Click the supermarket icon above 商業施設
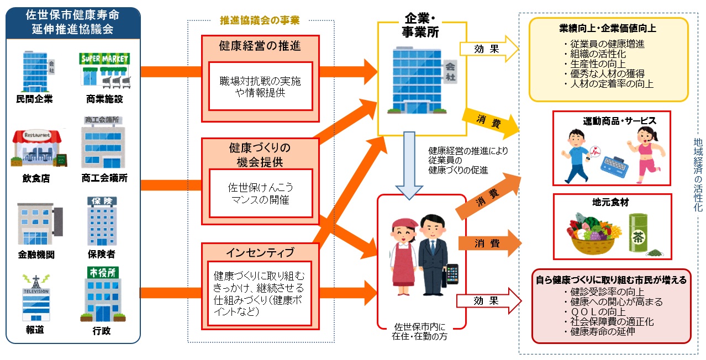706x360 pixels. pos(104,70)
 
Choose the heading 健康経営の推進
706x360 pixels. pos(260,46)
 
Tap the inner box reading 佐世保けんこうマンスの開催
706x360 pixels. pos(260,194)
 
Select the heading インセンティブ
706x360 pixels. pos(260,252)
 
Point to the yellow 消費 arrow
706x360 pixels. pos(491,121)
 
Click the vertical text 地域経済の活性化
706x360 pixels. pos(697,176)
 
